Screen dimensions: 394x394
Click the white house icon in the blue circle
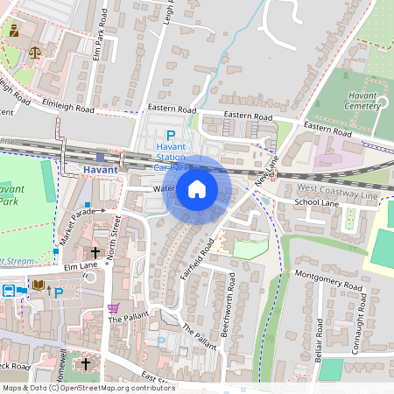197,189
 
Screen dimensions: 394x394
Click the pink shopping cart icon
113,308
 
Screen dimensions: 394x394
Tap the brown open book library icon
39,285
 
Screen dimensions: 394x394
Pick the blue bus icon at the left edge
7,291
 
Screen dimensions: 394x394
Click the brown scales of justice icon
35,52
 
